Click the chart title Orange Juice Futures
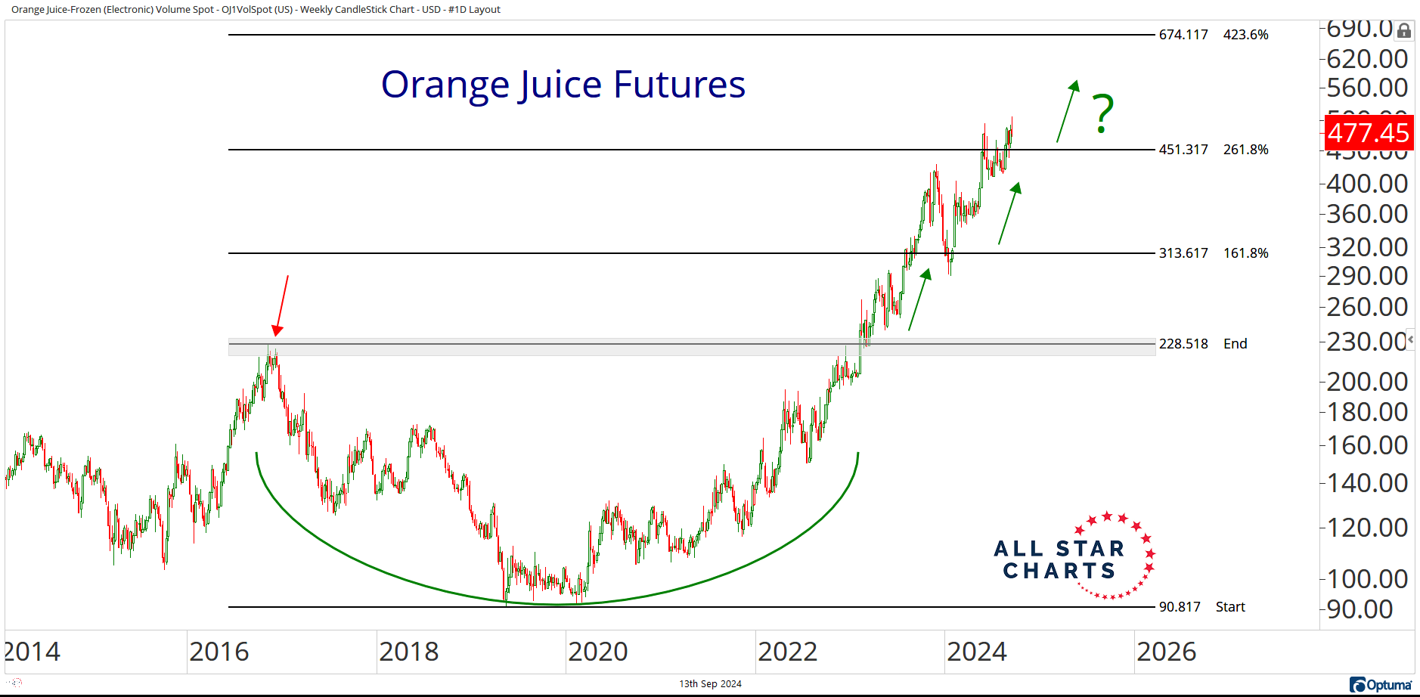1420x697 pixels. [563, 85]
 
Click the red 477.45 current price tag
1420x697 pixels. [1369, 133]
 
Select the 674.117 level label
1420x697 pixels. [1183, 35]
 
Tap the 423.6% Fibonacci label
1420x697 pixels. [1245, 35]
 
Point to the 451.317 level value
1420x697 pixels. [1183, 150]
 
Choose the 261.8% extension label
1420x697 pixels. [1245, 150]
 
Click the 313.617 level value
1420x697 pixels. [1183, 253]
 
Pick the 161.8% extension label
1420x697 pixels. [1245, 253]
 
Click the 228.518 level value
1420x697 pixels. [1183, 344]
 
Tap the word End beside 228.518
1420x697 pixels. [1235, 344]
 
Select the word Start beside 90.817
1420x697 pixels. [1230, 607]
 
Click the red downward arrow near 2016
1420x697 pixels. [281, 305]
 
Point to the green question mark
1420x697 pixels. [1103, 114]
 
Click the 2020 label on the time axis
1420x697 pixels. [597, 652]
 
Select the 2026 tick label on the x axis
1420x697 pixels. [1166, 652]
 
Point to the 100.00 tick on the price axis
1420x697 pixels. [1367, 579]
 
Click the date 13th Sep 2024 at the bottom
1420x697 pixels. [710, 684]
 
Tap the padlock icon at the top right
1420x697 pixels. [1403, 31]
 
